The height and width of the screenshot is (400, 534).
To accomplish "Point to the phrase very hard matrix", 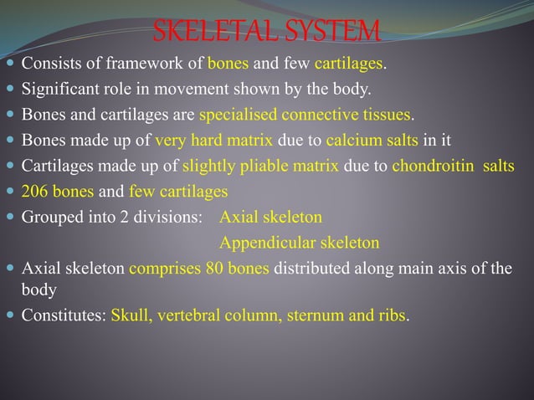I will pyautogui.click(x=218, y=139).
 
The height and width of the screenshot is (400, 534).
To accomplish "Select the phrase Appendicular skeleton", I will pyautogui.click(x=299, y=243).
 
